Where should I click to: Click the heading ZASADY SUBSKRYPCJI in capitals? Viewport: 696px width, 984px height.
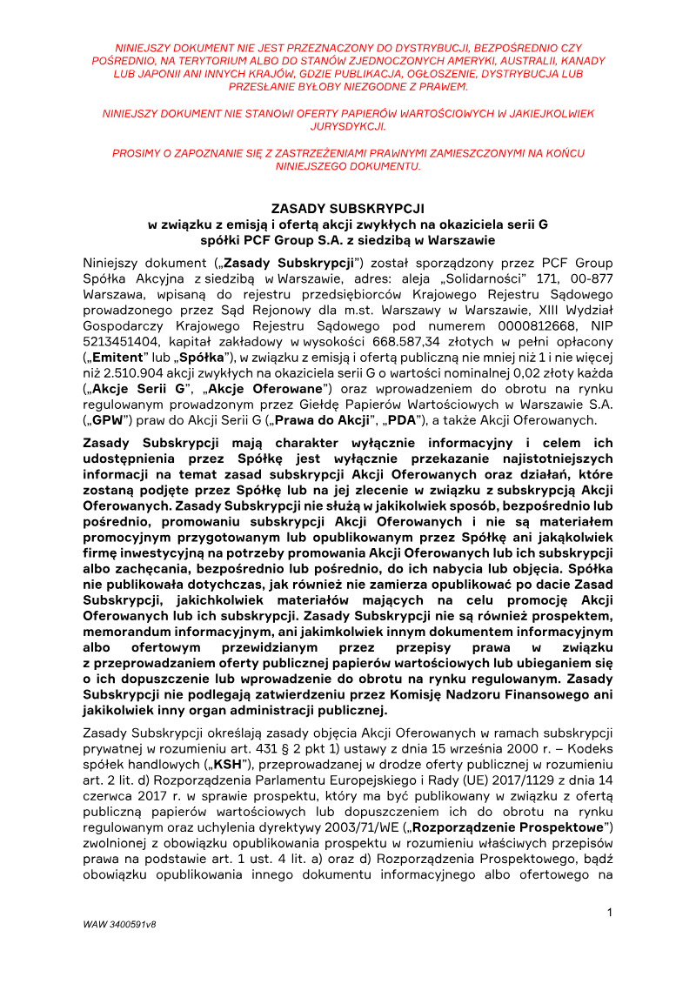point(348,209)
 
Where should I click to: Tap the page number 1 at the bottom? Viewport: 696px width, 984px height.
point(610,912)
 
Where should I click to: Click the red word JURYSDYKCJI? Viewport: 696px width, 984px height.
point(348,126)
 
